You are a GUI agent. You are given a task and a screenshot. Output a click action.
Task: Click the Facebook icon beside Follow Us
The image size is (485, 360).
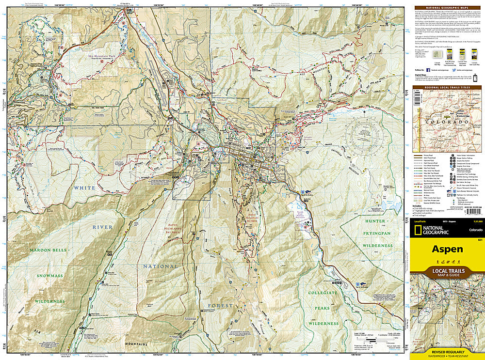pos(428,70)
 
